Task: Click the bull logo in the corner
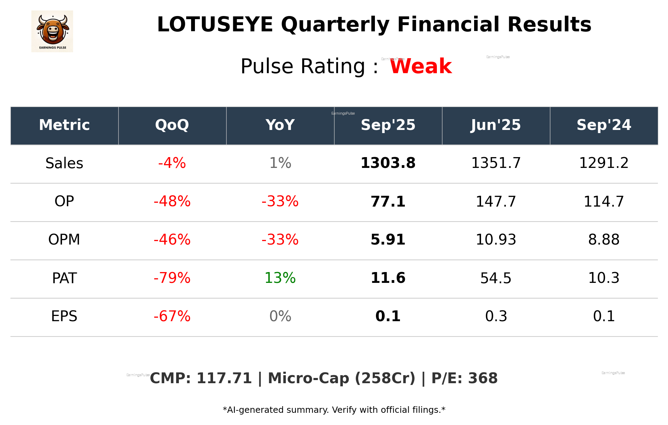(x=52, y=31)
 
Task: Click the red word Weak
(x=421, y=66)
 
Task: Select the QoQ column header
(x=172, y=125)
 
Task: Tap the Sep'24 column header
(x=604, y=125)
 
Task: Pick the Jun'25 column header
(x=496, y=125)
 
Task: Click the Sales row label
(x=64, y=163)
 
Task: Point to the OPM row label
(x=64, y=240)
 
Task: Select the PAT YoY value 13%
(x=280, y=278)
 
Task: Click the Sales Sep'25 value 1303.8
(x=388, y=163)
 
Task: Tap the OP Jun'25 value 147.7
(x=496, y=202)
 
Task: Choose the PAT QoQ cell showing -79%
(x=172, y=278)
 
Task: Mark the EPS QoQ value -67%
(x=172, y=316)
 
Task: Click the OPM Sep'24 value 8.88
(x=604, y=240)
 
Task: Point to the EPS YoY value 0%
(x=280, y=316)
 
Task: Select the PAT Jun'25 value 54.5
(x=496, y=278)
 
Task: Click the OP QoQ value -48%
(x=172, y=202)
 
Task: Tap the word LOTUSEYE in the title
(x=215, y=25)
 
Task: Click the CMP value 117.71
(x=224, y=378)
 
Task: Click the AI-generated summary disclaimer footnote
(x=334, y=410)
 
